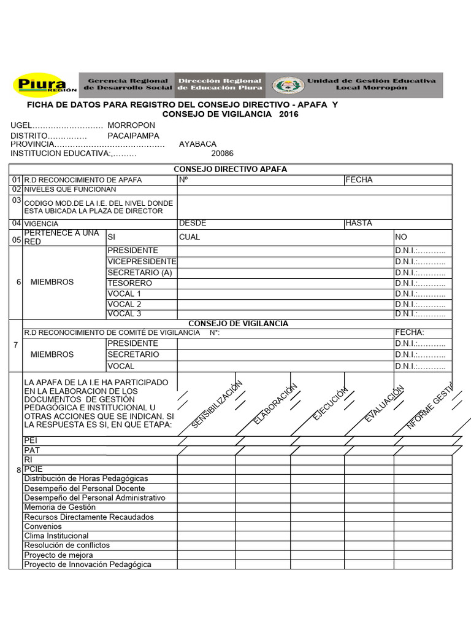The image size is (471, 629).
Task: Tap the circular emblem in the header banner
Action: click(x=287, y=85)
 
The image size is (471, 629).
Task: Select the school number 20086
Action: click(x=222, y=154)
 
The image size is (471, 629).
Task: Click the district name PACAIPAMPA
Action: click(x=133, y=135)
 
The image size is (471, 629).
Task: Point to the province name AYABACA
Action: click(x=197, y=144)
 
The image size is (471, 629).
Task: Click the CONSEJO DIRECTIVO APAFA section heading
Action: click(x=230, y=169)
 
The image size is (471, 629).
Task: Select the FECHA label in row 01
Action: click(x=359, y=180)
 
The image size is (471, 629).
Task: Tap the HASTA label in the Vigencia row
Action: click(x=359, y=224)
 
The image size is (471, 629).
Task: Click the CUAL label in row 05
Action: click(x=189, y=237)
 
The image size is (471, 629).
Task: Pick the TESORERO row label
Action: click(x=129, y=283)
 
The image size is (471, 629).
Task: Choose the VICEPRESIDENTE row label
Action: click(x=142, y=262)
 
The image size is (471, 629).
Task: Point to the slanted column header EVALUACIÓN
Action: click(x=384, y=404)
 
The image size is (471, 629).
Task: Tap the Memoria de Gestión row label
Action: click(x=59, y=507)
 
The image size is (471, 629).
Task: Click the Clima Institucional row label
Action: click(x=56, y=536)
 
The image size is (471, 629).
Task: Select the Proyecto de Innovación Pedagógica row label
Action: click(x=87, y=565)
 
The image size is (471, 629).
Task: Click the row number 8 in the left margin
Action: click(x=18, y=471)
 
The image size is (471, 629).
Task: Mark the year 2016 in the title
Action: click(x=288, y=115)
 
